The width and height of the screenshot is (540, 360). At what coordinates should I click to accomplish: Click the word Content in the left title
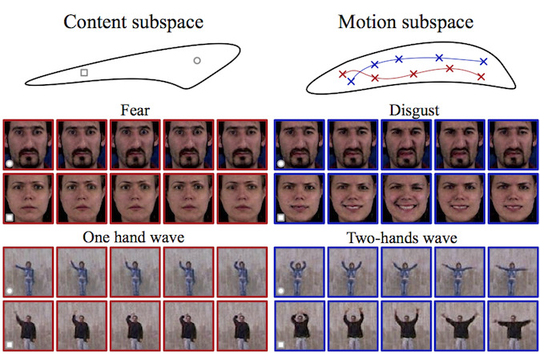tap(95, 22)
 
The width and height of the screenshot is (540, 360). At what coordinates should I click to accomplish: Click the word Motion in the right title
tap(368, 22)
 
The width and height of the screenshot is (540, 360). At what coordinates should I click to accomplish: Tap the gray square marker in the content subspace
tap(84, 72)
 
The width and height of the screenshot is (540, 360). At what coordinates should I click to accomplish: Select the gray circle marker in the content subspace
tap(197, 61)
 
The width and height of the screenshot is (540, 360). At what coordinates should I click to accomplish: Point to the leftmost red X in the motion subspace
tap(343, 74)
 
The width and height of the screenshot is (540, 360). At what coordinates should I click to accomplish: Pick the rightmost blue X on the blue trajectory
tap(484, 62)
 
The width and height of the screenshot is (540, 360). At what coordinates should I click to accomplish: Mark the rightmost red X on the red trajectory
tap(481, 77)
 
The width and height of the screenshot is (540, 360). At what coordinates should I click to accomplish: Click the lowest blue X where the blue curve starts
tap(351, 82)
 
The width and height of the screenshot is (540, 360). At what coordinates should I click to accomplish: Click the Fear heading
tap(135, 110)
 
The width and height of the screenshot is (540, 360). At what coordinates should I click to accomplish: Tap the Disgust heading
tap(414, 111)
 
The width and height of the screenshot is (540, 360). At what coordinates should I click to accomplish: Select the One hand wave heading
tap(133, 237)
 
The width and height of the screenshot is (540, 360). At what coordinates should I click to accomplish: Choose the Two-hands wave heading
tap(401, 237)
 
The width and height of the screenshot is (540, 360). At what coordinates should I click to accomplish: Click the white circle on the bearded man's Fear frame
tap(10, 164)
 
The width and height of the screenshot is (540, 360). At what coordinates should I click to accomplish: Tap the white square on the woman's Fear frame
tap(10, 217)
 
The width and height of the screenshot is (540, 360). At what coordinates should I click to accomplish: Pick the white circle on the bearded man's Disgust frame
tap(280, 164)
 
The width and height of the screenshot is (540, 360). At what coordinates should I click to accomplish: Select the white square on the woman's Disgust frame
tap(281, 217)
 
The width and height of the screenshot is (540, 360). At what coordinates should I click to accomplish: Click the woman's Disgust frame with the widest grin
tap(406, 199)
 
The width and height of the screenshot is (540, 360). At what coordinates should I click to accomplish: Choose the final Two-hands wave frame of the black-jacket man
tap(513, 326)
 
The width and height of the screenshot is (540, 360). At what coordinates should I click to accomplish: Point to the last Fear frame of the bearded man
tap(242, 145)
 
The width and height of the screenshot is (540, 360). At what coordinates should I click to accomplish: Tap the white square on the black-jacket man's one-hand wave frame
tap(10, 345)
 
